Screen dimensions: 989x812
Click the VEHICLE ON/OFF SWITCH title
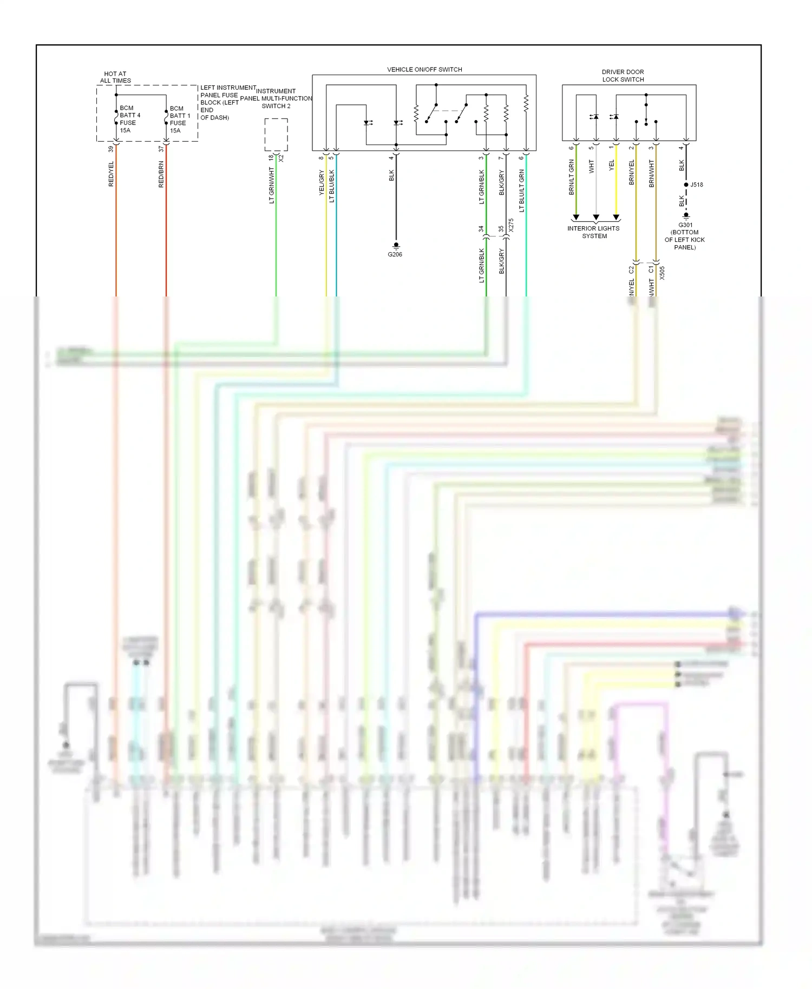tap(424, 70)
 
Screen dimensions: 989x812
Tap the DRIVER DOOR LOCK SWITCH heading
tap(623, 76)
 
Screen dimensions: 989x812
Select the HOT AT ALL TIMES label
tap(115, 77)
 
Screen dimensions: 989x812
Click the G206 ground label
tap(395, 254)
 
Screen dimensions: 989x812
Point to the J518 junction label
tap(697, 185)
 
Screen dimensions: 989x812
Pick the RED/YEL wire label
tap(112, 174)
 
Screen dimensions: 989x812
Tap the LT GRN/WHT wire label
tap(272, 186)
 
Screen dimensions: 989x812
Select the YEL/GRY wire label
tap(322, 183)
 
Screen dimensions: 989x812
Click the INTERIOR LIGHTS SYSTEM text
tap(594, 232)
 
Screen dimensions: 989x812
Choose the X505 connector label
tap(662, 273)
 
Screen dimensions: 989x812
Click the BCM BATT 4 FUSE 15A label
tap(129, 119)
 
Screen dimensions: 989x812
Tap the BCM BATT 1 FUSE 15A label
tap(179, 120)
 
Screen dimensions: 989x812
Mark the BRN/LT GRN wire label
tap(572, 177)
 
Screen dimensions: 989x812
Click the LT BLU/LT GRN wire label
tap(522, 190)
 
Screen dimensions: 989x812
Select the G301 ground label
tap(685, 236)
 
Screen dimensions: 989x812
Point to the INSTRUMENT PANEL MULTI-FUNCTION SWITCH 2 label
tap(276, 98)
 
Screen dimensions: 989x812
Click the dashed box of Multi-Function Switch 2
tap(276, 135)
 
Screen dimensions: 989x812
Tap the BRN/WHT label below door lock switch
tap(652, 174)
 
